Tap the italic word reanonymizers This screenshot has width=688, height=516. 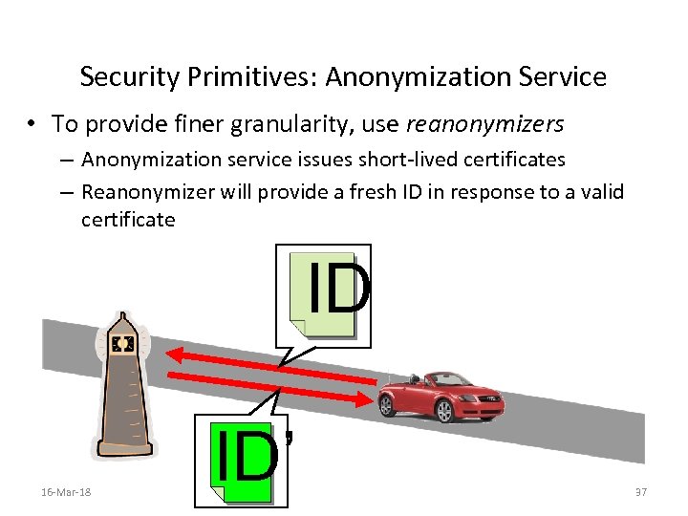click(484, 124)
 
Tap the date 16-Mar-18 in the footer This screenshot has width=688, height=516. click(67, 491)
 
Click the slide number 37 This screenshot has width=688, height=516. click(641, 491)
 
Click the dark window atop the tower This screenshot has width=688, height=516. click(122, 342)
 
